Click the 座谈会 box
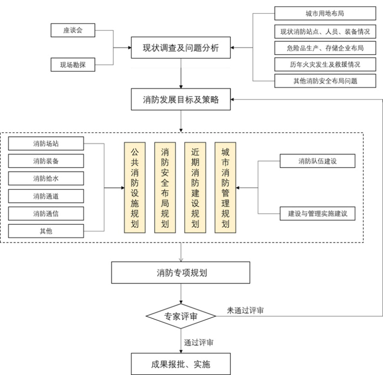pyautogui.click(x=73, y=30)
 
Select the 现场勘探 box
pyautogui.click(x=73, y=65)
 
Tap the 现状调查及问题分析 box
pyautogui.click(x=181, y=47)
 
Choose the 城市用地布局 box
pyautogui.click(x=325, y=14)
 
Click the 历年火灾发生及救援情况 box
pyautogui.click(x=325, y=64)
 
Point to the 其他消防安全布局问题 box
pyautogui.click(x=325, y=81)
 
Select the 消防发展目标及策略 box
pyautogui.click(x=181, y=100)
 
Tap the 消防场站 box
pyautogui.click(x=46, y=143)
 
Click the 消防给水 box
pyautogui.click(x=46, y=178)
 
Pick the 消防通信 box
pyautogui.click(x=46, y=213)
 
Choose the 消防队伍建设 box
pyautogui.click(x=318, y=161)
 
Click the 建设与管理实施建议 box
pyautogui.click(x=318, y=214)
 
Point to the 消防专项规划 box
pyautogui.click(x=181, y=273)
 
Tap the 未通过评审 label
pyautogui.click(x=245, y=311)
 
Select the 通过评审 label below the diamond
pyautogui.click(x=198, y=342)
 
